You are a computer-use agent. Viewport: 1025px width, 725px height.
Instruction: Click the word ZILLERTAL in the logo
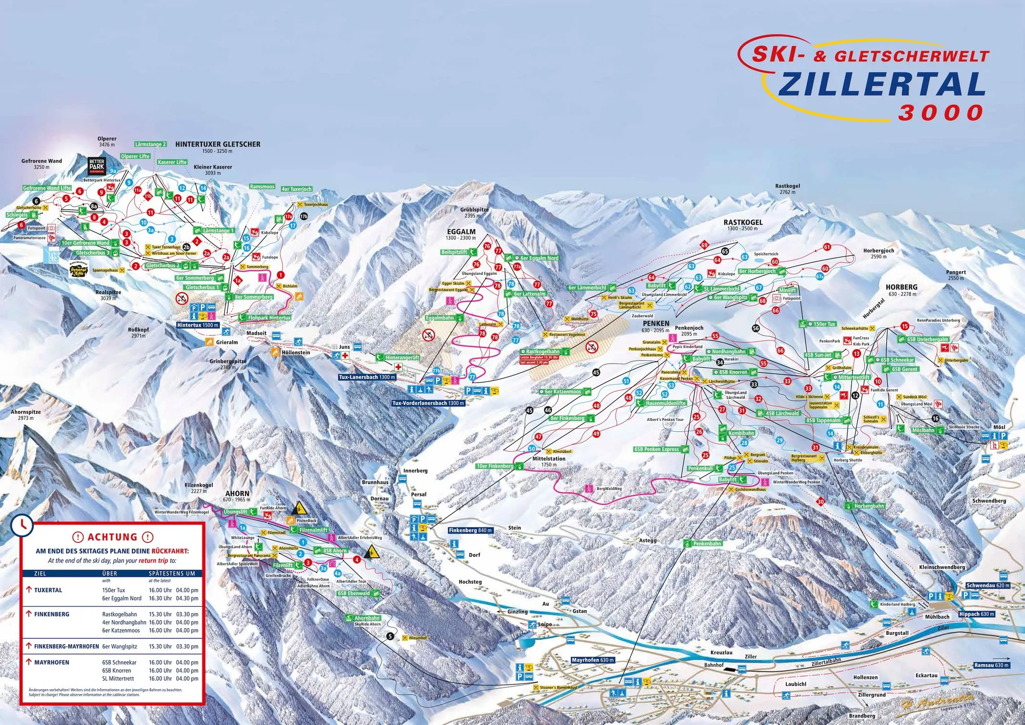pos(881,85)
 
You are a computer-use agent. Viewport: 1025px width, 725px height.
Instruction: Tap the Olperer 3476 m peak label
pos(107,142)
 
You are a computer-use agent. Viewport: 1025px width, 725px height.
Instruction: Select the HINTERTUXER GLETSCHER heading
pos(218,145)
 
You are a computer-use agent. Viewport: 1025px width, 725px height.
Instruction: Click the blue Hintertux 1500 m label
pos(198,325)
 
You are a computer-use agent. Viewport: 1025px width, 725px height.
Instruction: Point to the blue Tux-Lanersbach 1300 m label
pos(367,377)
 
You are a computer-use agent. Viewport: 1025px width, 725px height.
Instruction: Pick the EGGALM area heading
pos(461,232)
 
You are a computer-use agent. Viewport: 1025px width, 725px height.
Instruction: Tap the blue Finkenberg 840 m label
pos(470,530)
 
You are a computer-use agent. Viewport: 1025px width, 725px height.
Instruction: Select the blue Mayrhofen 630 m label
pos(593,660)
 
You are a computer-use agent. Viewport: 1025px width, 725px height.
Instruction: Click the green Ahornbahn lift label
pos(367,618)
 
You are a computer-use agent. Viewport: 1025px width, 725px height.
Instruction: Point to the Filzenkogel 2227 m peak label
pos(199,488)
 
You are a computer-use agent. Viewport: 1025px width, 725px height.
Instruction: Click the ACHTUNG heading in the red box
pos(112,537)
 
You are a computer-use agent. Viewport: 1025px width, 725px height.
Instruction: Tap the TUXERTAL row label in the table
pos(48,590)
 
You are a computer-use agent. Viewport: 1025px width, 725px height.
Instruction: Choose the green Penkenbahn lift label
pos(707,543)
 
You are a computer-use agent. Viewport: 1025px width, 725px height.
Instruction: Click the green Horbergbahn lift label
pos(869,506)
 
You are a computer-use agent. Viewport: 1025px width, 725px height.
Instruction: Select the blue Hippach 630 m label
pos(977,614)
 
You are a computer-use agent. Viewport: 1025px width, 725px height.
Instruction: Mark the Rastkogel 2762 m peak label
pos(788,189)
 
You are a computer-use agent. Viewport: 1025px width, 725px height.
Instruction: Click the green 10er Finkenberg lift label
pos(495,466)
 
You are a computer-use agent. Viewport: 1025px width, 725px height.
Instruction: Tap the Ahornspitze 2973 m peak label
pos(26,415)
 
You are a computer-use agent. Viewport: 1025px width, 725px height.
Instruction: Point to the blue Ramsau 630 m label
pos(992,665)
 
